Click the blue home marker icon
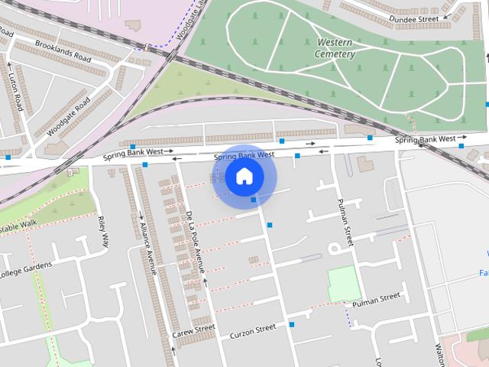pyautogui.click(x=244, y=176)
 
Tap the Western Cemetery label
pyautogui.click(x=335, y=48)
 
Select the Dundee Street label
pyautogui.click(x=413, y=19)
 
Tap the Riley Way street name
pyautogui.click(x=104, y=233)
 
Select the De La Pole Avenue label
pyautogui.click(x=194, y=241)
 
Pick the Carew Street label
pyautogui.click(x=193, y=331)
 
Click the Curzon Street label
pyautogui.click(x=253, y=330)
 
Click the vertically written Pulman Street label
pyautogui.click(x=345, y=222)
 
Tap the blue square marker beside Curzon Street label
pyautogui.click(x=292, y=325)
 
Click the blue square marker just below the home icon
pyautogui.click(x=254, y=200)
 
